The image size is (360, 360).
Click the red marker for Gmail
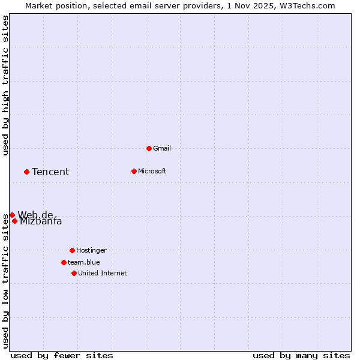(x=149, y=148)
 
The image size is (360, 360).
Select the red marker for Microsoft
(x=134, y=171)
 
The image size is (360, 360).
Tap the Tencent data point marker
(x=26, y=172)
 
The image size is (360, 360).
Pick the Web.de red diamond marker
(x=12, y=215)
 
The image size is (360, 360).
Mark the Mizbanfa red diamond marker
(x=14, y=221)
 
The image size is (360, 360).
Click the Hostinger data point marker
(x=72, y=250)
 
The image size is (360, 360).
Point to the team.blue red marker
(x=64, y=262)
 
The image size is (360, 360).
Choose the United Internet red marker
(x=74, y=273)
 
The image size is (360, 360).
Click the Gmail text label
(x=162, y=148)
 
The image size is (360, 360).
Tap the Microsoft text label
(x=152, y=171)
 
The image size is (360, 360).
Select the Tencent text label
(x=50, y=172)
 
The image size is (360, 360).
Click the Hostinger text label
(x=91, y=250)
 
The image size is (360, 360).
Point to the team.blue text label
(x=84, y=262)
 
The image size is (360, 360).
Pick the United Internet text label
(x=103, y=273)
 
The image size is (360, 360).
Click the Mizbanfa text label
(x=41, y=221)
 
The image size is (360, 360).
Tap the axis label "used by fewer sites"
(x=62, y=355)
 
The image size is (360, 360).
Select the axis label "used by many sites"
(x=301, y=355)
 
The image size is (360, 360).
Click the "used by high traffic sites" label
(x=5, y=85)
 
